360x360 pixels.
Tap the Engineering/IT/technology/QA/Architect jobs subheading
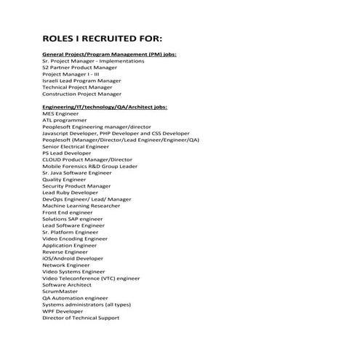(105, 107)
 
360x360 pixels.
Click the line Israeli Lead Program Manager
(81, 81)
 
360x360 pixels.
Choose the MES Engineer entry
(60, 113)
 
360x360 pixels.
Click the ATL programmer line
(64, 120)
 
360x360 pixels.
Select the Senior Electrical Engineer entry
(76, 146)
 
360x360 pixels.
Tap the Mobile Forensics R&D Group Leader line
(89, 166)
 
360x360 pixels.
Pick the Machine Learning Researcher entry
(81, 206)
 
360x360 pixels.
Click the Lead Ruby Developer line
(70, 193)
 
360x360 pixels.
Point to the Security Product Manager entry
(76, 186)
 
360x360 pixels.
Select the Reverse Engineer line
(65, 252)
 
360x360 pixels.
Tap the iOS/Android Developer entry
(73, 258)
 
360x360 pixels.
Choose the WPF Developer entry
(63, 311)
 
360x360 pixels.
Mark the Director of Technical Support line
(81, 317)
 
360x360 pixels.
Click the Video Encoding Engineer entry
(75, 239)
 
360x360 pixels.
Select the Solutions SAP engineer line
(73, 219)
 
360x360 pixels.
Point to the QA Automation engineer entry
(75, 297)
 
